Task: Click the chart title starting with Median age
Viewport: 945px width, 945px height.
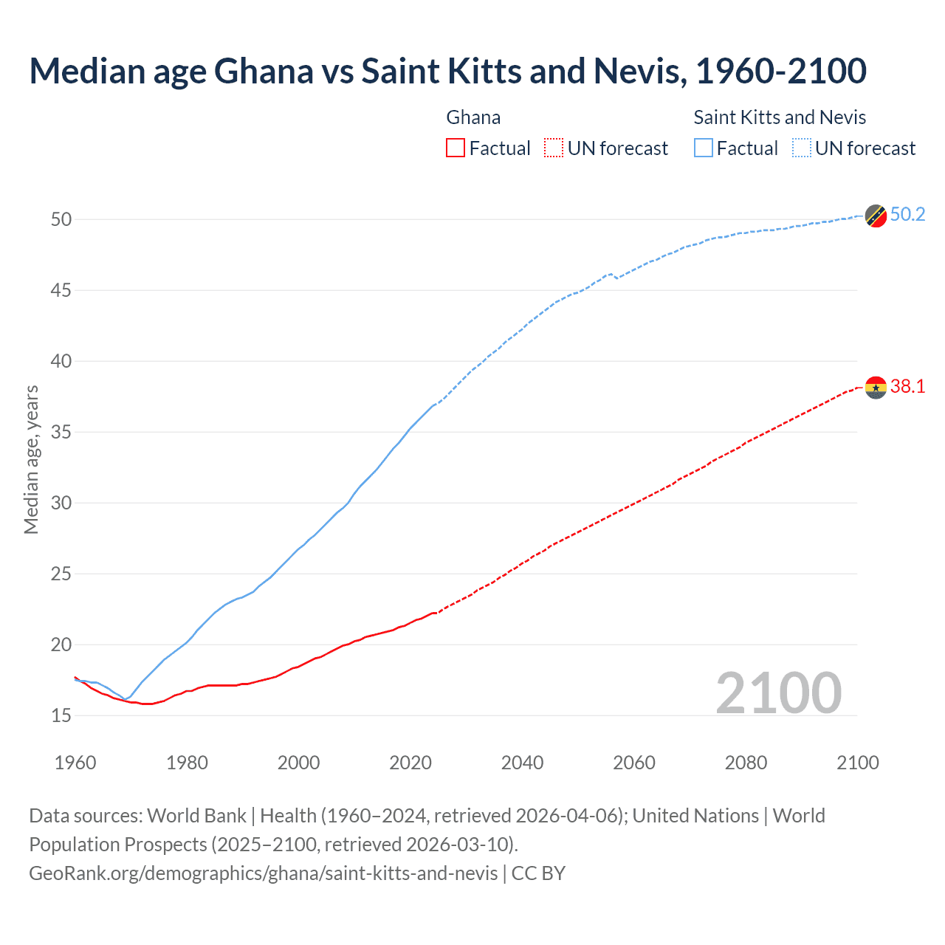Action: (x=447, y=71)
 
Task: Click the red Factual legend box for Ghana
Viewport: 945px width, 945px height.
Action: (x=456, y=148)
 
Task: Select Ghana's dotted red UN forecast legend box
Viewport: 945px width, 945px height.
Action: (x=554, y=148)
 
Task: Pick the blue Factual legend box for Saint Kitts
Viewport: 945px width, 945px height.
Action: (x=704, y=148)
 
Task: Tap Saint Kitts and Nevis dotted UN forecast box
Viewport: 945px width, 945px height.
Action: (x=801, y=148)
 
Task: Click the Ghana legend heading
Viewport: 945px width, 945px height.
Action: (x=473, y=117)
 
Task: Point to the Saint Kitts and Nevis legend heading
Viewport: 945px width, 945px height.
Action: (x=780, y=117)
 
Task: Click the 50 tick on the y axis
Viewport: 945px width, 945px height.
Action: (x=61, y=219)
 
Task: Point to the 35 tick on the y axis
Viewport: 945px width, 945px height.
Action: (x=61, y=432)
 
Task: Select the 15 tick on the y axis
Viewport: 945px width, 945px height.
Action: (x=61, y=715)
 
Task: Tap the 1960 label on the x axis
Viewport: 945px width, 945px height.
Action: (x=75, y=763)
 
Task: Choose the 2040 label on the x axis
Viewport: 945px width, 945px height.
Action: (x=522, y=763)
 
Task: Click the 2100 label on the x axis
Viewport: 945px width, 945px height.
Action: (x=857, y=763)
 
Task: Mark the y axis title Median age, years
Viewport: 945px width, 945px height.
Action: (x=31, y=459)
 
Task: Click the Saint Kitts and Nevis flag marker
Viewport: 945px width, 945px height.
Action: (x=876, y=216)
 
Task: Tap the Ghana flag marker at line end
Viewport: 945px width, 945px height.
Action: (x=876, y=387)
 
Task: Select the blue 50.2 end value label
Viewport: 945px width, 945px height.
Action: (x=907, y=215)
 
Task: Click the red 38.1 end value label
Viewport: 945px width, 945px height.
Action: (x=907, y=387)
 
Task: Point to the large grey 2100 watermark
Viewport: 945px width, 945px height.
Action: (x=778, y=693)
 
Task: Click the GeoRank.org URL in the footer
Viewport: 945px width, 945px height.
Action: (x=263, y=873)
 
